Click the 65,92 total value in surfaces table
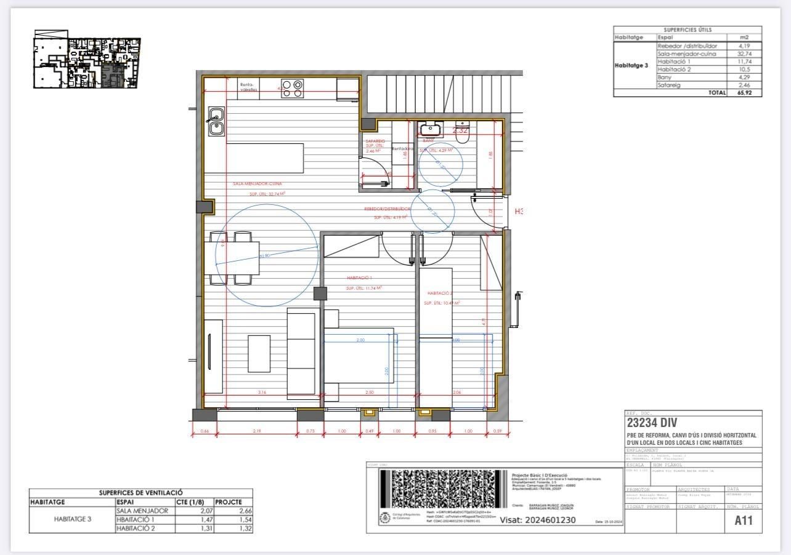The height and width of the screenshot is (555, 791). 745,93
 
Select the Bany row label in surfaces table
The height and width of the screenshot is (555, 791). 665,78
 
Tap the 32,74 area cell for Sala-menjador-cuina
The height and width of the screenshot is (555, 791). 745,54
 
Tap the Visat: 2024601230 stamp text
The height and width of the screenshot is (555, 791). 537,520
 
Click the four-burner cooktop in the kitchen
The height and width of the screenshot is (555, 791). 292,89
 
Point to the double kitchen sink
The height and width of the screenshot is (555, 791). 216,121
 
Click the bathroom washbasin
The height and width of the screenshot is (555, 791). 430,129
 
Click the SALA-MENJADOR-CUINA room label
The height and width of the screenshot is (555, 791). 258,184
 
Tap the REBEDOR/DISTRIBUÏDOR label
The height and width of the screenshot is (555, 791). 387,209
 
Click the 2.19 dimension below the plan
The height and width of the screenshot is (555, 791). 257,431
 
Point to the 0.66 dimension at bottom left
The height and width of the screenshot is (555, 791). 205,431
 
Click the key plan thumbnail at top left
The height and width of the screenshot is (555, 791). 86,62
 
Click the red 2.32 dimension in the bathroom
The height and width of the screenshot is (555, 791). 460,130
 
